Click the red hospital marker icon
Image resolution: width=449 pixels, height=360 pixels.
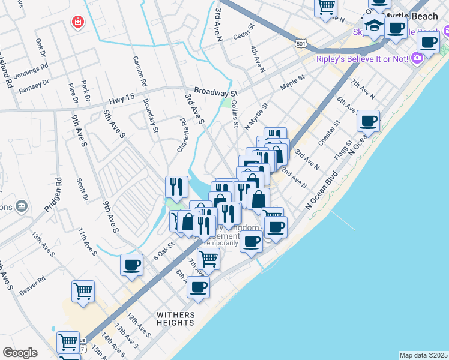pos(78,23)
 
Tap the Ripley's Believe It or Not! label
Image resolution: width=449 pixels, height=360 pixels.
pos(363,58)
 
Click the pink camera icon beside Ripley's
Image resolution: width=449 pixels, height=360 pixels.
pos(417,58)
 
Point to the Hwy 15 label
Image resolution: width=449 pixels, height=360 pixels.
pos(123,101)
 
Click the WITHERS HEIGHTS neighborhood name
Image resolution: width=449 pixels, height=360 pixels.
pos(176,319)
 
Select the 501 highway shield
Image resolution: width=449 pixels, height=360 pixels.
pos(301,43)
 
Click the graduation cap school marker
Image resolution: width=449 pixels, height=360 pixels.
pos(373,26)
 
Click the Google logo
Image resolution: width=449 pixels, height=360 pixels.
pos(20,353)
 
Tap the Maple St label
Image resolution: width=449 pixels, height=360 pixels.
pos(292,82)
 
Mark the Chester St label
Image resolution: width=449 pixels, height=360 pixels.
pos(330,133)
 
